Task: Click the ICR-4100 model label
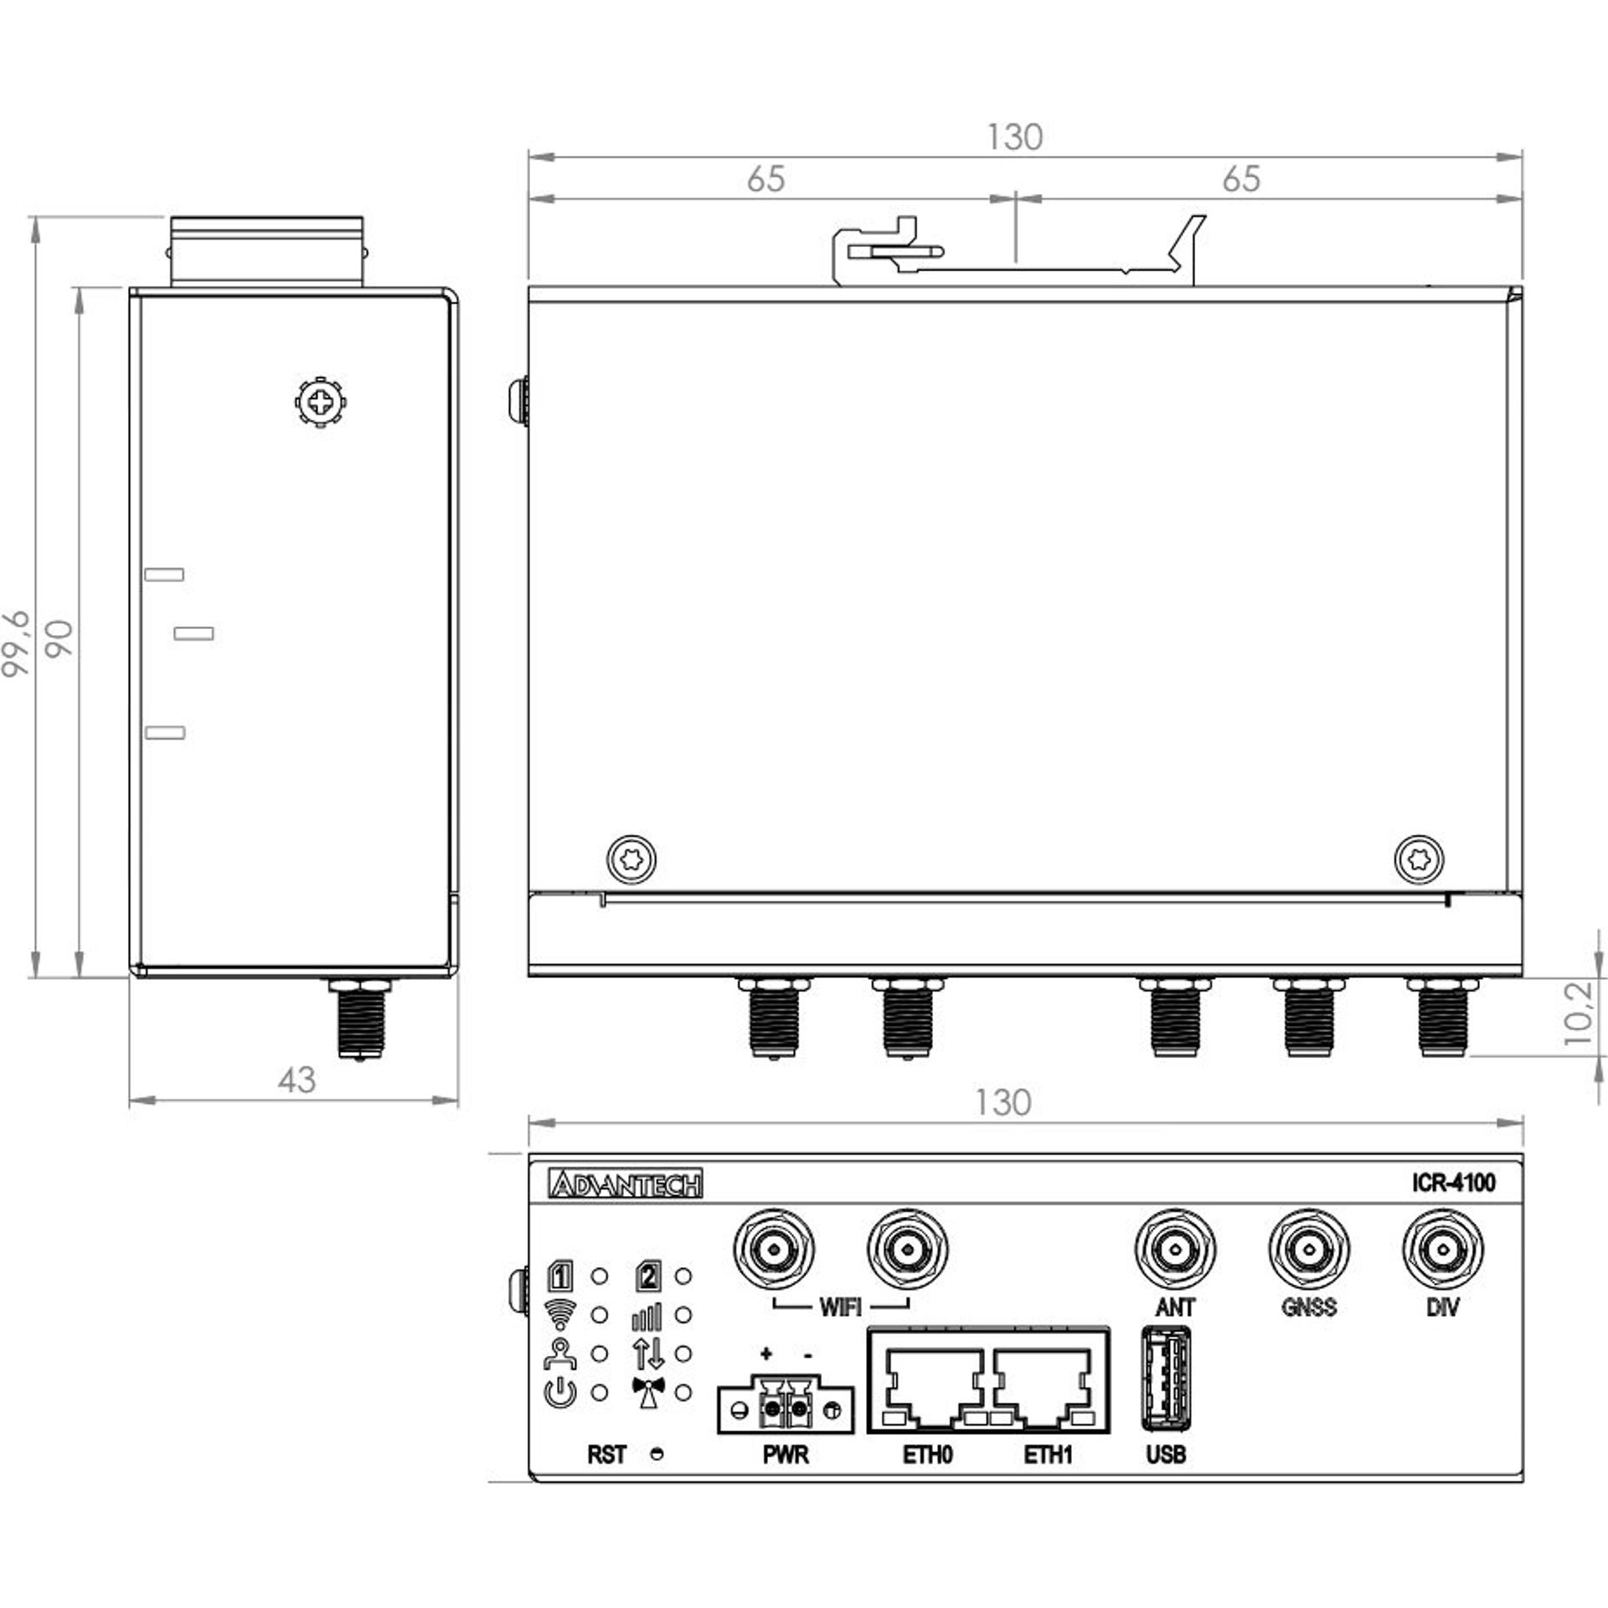(x=1453, y=1183)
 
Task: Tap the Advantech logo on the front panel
(x=626, y=1184)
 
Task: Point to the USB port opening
(x=1166, y=1380)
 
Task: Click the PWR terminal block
(x=786, y=1409)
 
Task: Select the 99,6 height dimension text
(x=17, y=643)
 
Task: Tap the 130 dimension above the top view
(x=1014, y=137)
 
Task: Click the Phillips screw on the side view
(x=322, y=403)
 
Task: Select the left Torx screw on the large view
(x=631, y=859)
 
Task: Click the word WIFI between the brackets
(x=840, y=1307)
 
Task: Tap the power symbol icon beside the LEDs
(x=560, y=1394)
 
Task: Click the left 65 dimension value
(x=765, y=178)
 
